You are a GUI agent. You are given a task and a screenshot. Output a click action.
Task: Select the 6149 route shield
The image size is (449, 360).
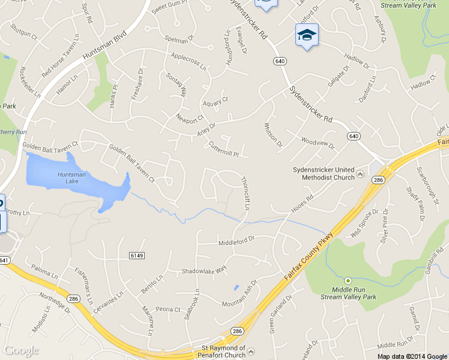click(137, 256)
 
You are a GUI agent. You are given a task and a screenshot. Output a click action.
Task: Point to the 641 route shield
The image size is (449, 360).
click(4, 260)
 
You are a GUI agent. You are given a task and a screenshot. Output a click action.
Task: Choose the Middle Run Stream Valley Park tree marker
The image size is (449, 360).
click(348, 280)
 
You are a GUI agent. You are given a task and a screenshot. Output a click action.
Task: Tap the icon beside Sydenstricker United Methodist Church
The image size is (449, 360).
click(360, 174)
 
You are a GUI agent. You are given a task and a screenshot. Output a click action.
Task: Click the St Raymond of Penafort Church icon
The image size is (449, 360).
click(251, 351)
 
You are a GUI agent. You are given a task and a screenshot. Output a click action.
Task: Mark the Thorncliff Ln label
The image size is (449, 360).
click(244, 193)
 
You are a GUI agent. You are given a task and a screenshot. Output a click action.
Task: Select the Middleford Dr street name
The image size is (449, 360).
click(237, 238)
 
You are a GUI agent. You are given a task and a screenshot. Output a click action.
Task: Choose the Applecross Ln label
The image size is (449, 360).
click(188, 61)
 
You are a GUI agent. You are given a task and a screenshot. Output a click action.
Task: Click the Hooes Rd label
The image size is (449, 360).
click(302, 202)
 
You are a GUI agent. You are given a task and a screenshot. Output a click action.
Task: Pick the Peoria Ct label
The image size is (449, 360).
click(168, 310)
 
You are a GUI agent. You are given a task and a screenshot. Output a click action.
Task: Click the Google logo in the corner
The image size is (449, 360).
click(22, 351)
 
